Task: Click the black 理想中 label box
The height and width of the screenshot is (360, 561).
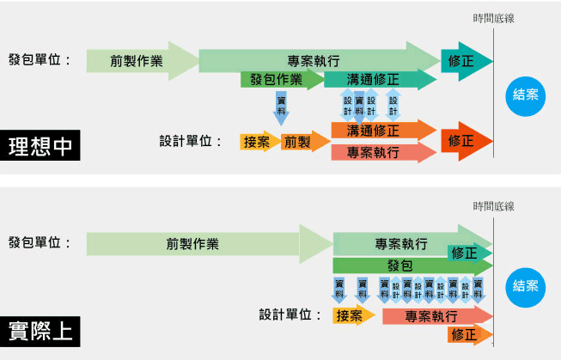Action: [x=40, y=145]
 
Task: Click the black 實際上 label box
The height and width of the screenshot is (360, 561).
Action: [x=40, y=332]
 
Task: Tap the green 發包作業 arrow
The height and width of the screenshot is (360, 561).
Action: [x=283, y=79]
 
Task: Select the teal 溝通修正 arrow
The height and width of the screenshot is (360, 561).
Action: [x=380, y=79]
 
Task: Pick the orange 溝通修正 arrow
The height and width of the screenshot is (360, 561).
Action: [x=383, y=131]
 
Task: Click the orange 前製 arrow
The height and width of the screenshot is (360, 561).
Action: [x=305, y=142]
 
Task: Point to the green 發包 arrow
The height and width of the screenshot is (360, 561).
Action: [x=412, y=265]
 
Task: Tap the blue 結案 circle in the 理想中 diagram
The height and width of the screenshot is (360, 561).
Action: [x=525, y=96]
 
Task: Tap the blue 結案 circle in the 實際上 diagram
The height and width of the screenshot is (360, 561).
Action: [x=525, y=287]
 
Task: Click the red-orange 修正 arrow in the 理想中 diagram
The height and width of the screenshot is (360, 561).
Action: [x=466, y=141]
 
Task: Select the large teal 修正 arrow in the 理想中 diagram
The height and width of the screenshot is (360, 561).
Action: [x=466, y=61]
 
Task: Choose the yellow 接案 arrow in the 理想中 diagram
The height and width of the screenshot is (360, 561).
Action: [x=260, y=142]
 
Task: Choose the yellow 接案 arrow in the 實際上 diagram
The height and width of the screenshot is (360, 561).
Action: [x=353, y=315]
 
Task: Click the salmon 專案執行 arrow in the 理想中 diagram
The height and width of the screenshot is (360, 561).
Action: [x=383, y=152]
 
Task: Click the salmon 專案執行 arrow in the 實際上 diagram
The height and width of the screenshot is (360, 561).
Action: [x=437, y=315]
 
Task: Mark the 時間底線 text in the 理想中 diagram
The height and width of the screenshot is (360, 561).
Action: [x=493, y=18]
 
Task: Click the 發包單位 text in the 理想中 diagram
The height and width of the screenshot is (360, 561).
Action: [x=40, y=60]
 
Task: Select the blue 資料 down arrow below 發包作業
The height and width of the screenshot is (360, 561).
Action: [x=281, y=108]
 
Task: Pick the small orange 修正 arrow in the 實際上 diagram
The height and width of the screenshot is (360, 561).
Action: [x=470, y=335]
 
